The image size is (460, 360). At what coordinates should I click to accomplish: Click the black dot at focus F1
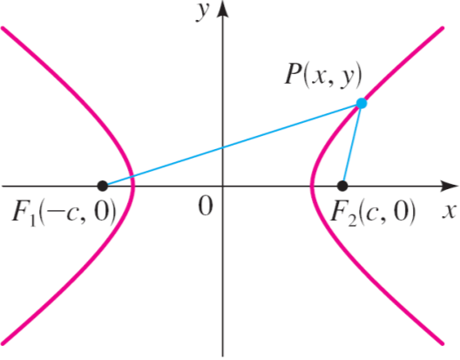103,186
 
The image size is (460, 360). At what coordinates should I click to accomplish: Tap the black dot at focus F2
342,186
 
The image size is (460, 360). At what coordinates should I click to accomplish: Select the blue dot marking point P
362,104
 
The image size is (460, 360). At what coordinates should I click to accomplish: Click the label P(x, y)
323,75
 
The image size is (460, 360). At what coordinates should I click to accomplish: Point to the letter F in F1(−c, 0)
21,213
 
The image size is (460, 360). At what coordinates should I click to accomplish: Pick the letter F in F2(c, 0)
340,212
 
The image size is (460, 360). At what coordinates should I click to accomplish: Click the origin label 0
205,206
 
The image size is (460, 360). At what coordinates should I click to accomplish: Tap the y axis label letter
203,11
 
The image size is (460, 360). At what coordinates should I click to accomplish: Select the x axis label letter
450,211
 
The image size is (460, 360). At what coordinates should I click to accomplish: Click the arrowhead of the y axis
223,9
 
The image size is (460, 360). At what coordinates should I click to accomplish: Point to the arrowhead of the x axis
450,186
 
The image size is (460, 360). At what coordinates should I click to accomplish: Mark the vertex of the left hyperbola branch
134,186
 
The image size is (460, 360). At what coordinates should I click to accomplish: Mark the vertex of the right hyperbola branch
312,186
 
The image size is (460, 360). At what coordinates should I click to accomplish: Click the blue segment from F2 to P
352,145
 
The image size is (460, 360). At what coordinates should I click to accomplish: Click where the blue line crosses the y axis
223,147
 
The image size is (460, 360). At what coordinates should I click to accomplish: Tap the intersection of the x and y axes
223,186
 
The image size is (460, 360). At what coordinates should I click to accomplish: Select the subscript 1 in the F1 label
33,221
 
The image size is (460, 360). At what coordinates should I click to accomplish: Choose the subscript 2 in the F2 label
353,220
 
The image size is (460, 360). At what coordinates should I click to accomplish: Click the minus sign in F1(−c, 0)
56,213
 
